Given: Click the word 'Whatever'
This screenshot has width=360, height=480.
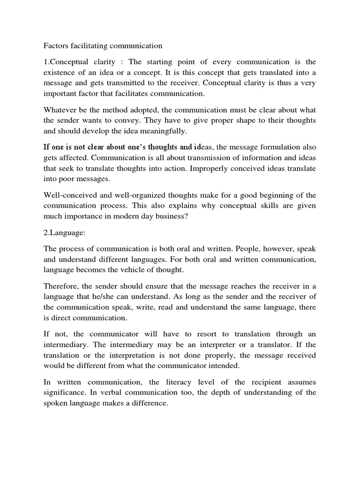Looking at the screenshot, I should (60, 110).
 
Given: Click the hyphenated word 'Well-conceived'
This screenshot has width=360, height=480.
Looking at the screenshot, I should (67, 195).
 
